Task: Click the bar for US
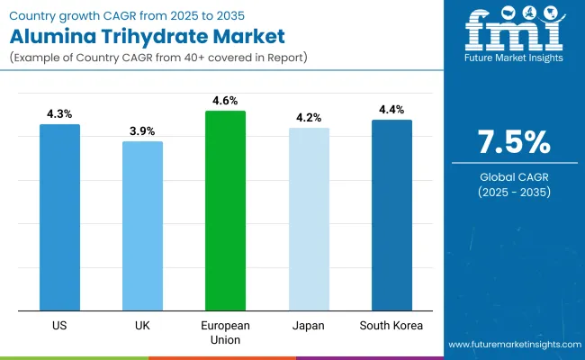[x=59, y=217]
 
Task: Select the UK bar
[x=142, y=226]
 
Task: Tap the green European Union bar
[x=225, y=211]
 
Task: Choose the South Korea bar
[x=391, y=215]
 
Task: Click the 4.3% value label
[x=59, y=114]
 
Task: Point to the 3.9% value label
[x=142, y=131]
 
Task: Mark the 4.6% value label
[x=225, y=101]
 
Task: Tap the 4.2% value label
[x=309, y=118]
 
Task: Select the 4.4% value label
[x=391, y=110]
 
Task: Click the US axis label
[x=59, y=325]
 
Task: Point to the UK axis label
[x=142, y=325]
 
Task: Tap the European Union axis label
[x=225, y=331]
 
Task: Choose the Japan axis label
[x=309, y=325]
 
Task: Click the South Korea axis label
[x=391, y=325]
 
